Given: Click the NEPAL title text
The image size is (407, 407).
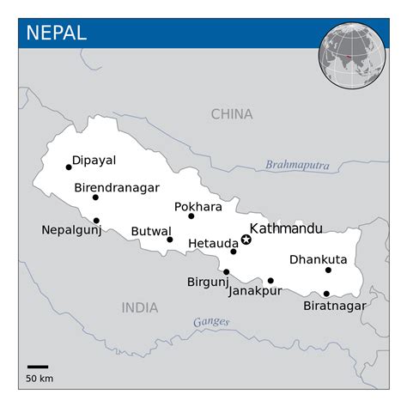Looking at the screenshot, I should [57, 33].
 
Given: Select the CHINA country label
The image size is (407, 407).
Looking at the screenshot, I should [232, 114].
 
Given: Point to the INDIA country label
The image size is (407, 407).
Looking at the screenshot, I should [140, 307].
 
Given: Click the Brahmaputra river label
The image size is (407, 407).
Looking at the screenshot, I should [297, 165].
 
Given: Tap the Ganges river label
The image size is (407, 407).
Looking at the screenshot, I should [211, 322].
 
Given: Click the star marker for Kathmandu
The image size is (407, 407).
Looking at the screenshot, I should [246, 240].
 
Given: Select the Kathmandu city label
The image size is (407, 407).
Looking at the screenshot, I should [286, 228].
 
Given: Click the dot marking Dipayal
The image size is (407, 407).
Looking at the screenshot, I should [69, 167].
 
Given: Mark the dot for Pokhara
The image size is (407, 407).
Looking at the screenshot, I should [191, 216].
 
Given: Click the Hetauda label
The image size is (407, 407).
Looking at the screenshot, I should [208, 243].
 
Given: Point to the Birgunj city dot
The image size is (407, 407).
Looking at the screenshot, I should [226, 272].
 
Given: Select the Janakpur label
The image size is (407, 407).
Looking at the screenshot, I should [256, 291].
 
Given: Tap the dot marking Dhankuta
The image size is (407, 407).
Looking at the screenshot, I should [328, 270].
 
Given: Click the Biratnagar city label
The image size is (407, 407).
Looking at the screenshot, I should [335, 306].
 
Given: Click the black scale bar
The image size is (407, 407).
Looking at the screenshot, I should [37, 367].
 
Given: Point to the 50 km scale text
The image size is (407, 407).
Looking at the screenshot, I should [39, 378].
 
